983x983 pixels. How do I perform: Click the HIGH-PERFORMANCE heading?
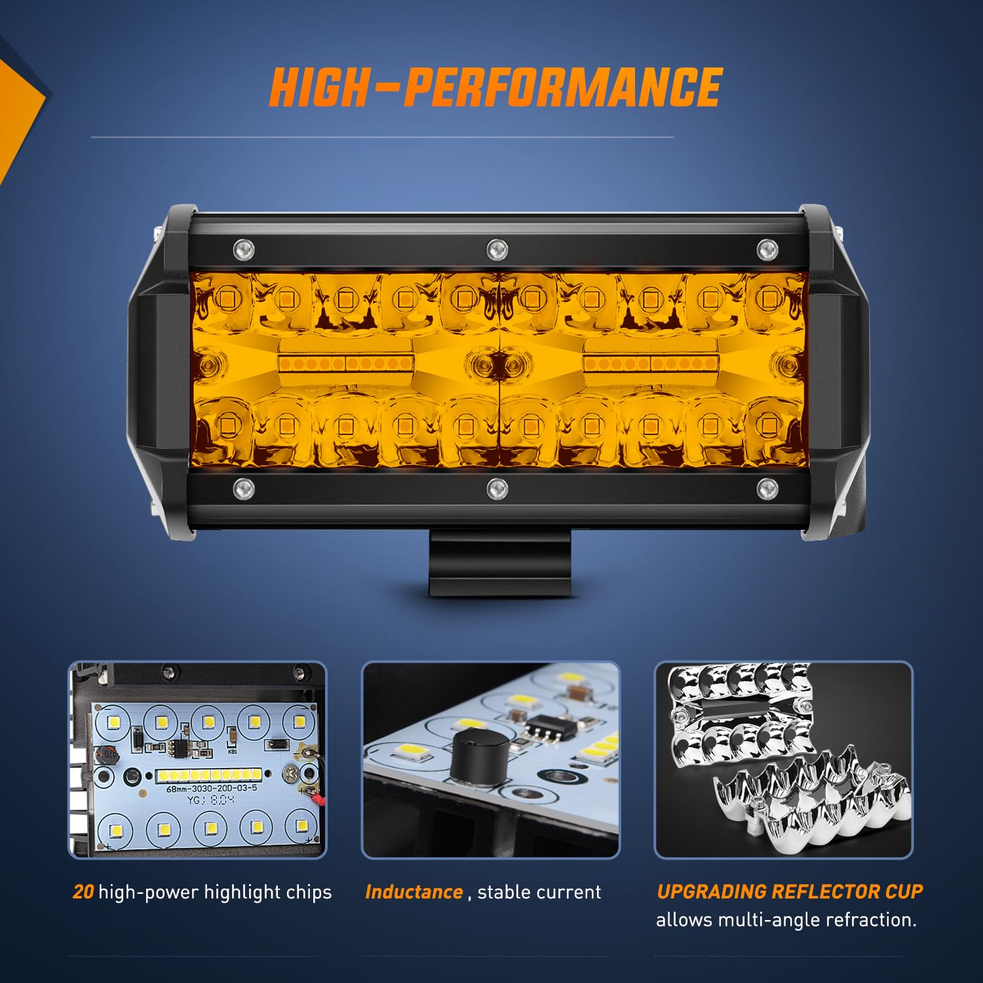tap(495, 87)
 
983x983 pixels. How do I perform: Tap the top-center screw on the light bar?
tap(497, 249)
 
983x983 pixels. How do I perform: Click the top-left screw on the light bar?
tap(244, 249)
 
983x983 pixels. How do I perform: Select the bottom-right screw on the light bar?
tap(767, 488)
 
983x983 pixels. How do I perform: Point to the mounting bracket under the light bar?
tap(500, 563)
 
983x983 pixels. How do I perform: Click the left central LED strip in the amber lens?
tap(345, 364)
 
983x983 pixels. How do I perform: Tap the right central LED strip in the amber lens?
tap(650, 364)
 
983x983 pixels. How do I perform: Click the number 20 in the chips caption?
tap(83, 892)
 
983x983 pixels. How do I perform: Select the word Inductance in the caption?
tap(414, 892)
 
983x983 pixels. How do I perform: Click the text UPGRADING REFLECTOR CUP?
tap(790, 891)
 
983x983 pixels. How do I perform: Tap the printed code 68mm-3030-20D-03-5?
tap(211, 788)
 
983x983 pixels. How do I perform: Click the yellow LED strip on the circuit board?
tap(208, 776)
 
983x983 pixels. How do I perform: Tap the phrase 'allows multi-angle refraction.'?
tap(786, 920)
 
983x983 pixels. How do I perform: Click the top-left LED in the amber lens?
tap(227, 299)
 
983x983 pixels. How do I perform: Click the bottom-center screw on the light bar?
tap(497, 488)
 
